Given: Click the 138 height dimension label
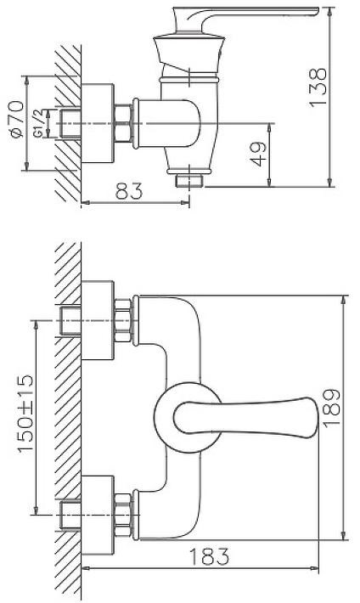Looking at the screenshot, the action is coord(318,87).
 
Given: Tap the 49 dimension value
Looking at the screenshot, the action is coord(259,154).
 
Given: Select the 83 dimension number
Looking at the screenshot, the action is coord(129,191).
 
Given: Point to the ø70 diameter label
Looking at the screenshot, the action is coord(16,119).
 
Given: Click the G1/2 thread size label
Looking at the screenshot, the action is coord(37,123).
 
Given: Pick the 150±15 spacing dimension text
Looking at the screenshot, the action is coord(25,414).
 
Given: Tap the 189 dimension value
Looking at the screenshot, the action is coord(331,408).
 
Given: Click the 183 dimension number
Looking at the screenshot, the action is coord(209,556).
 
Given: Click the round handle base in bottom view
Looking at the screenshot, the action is coord(160,417).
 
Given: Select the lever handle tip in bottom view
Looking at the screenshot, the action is coord(316,418).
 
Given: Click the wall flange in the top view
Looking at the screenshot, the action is coord(98,123).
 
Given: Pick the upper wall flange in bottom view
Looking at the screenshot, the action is coord(98,320).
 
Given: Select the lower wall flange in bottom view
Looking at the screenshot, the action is coord(98,516).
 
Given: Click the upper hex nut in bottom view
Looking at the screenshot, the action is coord(123,320).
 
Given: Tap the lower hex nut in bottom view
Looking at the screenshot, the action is coord(123,515).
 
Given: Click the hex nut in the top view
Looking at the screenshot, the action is coord(123,123).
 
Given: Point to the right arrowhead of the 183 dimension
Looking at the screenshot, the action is coord(315,568).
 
